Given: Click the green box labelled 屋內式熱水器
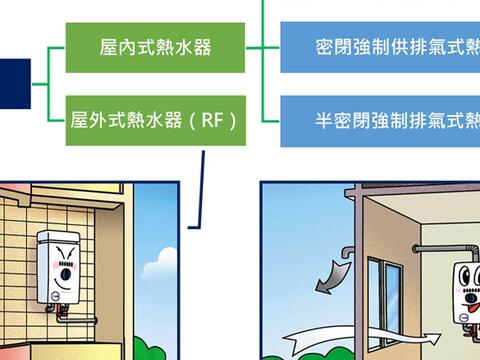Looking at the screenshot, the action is [x=156, y=47].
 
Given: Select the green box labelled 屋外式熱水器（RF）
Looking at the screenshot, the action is [x=156, y=122].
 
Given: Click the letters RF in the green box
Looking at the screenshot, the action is [x=213, y=122].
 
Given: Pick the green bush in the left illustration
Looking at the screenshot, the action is [x=149, y=345].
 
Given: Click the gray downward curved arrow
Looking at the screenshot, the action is [x=331, y=275].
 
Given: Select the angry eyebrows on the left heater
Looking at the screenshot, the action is [x=64, y=251].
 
